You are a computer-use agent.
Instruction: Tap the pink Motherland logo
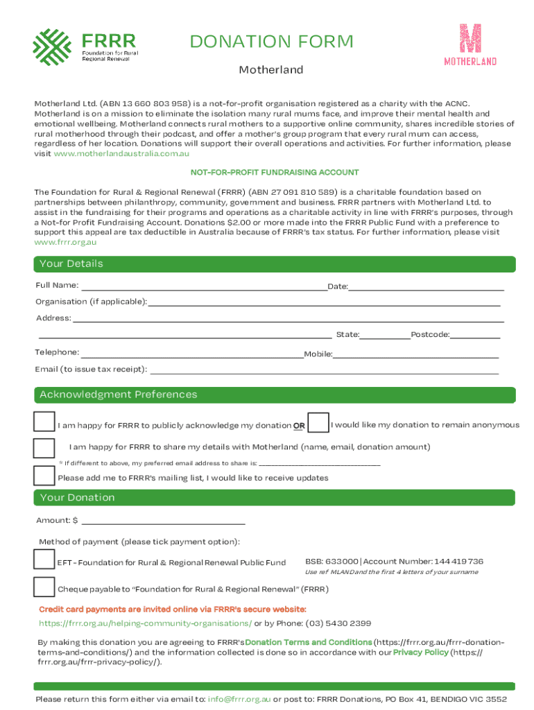tap(470, 45)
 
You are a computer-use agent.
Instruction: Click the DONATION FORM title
tap(272, 42)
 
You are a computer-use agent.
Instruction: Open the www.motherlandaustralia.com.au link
tap(121, 153)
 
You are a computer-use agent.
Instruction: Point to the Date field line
tap(426, 286)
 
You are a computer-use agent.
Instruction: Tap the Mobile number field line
tap(415, 354)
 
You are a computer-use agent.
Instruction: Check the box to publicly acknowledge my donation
tap(44, 422)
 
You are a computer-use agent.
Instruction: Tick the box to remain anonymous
tap(318, 423)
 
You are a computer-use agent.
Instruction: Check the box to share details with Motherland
tap(44, 448)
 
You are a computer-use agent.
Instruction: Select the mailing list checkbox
tap(44, 476)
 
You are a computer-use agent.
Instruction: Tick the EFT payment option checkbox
tap(44, 560)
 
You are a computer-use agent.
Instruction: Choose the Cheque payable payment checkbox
tap(44, 587)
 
